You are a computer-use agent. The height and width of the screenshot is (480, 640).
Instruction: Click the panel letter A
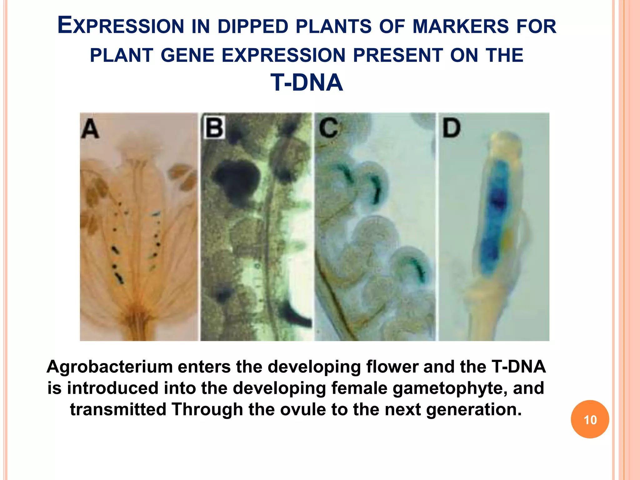coord(90,129)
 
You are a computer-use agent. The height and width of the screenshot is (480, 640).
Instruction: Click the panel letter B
coord(214,127)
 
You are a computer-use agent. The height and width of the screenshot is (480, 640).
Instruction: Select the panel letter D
coord(452,128)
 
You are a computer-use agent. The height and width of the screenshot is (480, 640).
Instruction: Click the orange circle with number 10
coord(590,419)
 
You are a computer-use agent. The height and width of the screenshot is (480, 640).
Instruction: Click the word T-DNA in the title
coord(307,82)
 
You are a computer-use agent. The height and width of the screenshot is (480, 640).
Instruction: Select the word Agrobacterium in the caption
coord(109,367)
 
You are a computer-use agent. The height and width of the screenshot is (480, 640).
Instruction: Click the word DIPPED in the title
coord(253,26)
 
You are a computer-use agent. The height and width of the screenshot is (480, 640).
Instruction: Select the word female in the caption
coord(359,388)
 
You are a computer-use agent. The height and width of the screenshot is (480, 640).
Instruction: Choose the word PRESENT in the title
coord(398,55)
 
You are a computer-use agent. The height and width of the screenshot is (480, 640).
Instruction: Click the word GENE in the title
coord(187,55)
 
